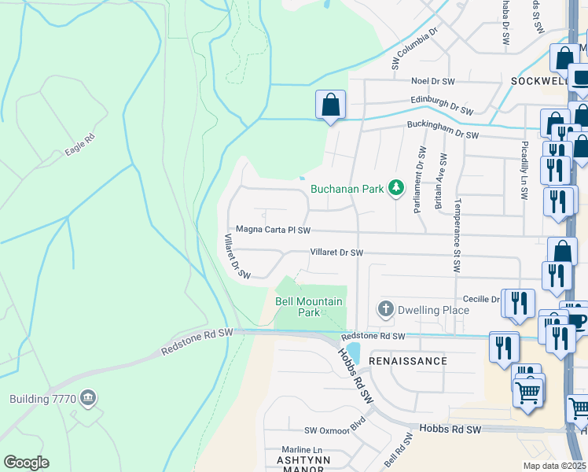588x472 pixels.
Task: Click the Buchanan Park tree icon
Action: click(397, 187)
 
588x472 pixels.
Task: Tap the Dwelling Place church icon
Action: click(385, 309)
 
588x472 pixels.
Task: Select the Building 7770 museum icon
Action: click(88, 398)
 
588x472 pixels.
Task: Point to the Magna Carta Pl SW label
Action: click(274, 230)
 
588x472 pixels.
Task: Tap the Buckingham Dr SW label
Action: click(443, 135)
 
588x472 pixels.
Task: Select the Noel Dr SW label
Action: click(433, 81)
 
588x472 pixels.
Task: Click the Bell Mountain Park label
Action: click(309, 307)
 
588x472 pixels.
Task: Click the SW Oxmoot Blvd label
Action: click(336, 430)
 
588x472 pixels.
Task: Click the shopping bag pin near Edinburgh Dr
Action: click(331, 105)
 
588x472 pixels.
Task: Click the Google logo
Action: click(26, 463)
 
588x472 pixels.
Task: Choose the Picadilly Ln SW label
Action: click(524, 168)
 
